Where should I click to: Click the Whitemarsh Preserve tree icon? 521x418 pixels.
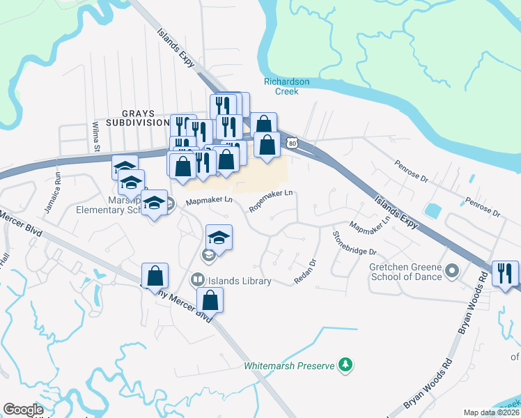coord(344,364)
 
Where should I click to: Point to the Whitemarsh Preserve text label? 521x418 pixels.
coord(289,365)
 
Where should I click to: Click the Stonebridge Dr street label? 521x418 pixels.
coord(355,242)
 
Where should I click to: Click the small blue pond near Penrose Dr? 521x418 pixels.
coord(433,210)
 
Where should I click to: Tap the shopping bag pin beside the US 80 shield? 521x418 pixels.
coord(267,145)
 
